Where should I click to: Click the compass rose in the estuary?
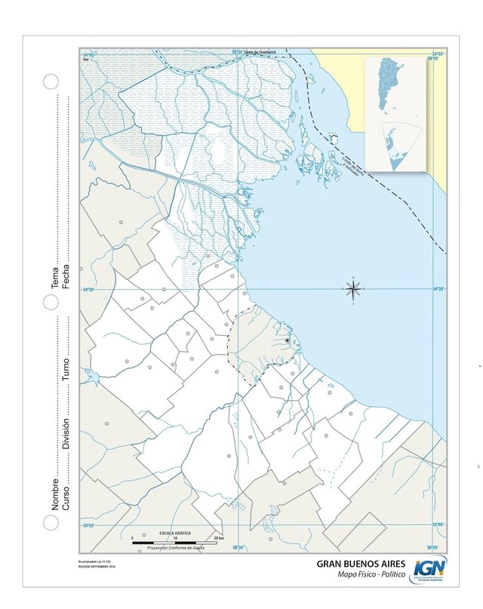coord(354,288)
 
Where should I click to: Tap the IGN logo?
coord(429,569)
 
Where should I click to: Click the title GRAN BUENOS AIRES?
coord(361,564)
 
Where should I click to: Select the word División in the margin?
coord(66,434)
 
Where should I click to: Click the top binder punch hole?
coord(51,82)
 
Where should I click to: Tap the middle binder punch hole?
coord(51,302)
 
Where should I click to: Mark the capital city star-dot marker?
coord(288,340)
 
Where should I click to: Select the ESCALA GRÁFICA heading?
coord(174,533)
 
